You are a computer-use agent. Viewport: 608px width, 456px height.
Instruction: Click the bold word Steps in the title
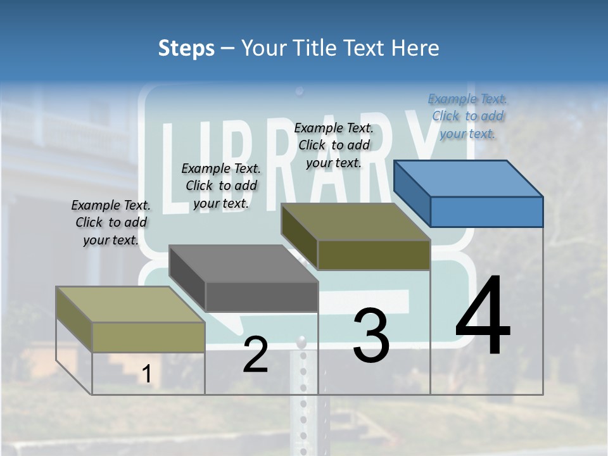pos(186,48)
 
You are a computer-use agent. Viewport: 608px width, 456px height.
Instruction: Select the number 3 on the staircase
pos(371,336)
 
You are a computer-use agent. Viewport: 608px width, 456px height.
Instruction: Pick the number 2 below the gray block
pos(255,355)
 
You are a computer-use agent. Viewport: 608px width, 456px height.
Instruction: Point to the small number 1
pos(147,374)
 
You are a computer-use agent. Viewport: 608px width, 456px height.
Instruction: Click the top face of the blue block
pos(467,178)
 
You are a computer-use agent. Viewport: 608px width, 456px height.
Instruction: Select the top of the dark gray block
pos(243,263)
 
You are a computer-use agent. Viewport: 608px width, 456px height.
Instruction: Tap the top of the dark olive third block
pos(355,222)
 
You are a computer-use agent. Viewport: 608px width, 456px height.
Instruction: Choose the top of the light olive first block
pos(130,304)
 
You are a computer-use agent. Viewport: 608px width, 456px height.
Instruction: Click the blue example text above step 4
pos(467,116)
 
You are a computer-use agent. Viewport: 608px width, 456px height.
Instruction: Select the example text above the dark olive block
pos(334,145)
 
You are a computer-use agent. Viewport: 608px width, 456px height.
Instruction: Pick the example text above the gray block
pos(220,186)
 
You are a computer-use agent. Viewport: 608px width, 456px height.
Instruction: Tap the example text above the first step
pos(111,222)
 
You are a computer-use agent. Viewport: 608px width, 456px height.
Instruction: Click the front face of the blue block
pos(486,212)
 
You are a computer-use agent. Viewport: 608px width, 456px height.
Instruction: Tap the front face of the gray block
pos(261,296)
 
